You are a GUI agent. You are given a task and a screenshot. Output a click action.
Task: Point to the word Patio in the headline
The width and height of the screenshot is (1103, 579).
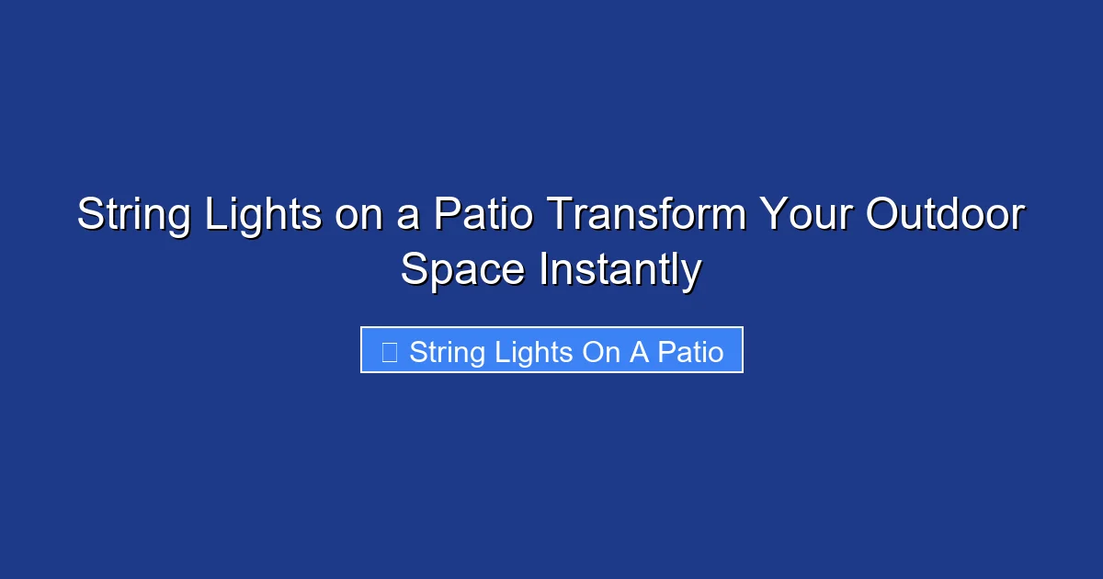point(483,216)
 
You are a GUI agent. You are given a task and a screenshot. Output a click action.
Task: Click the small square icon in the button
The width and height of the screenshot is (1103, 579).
point(389,352)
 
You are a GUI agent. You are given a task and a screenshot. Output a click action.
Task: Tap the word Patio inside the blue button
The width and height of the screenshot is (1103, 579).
point(690,352)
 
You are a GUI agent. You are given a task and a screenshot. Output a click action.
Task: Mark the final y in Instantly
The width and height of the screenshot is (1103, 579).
point(692,274)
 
